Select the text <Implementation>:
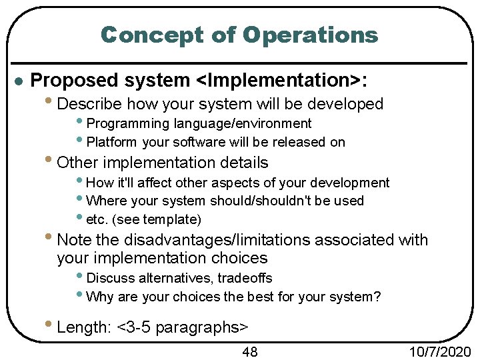(x=281, y=81)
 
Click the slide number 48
(x=249, y=351)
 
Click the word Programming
(x=128, y=123)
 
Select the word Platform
(x=112, y=141)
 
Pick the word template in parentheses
(x=173, y=219)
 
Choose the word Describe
(x=89, y=104)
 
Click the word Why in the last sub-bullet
(x=99, y=296)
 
